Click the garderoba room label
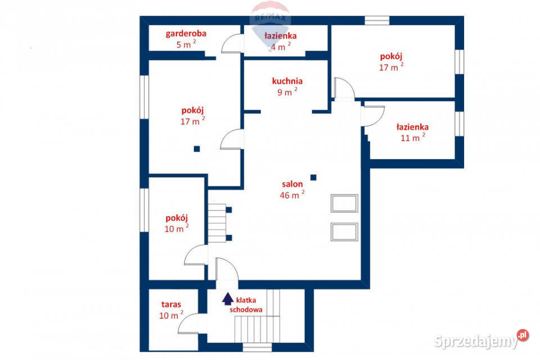186,33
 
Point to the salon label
292,184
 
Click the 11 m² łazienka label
412,127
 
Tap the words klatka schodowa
247,305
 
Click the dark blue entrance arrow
228,298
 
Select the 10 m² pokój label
176,218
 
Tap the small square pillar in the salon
313,178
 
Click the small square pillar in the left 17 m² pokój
196,149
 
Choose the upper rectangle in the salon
344,203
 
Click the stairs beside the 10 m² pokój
217,223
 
